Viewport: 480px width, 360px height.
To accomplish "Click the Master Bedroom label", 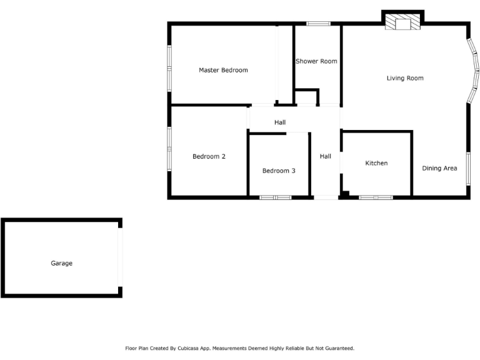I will (x=223, y=70).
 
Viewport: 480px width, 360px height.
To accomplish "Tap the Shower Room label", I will (x=316, y=61).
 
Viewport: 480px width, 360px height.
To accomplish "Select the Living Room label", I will (x=405, y=78).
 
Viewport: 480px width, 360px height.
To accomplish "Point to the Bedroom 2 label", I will (x=209, y=156).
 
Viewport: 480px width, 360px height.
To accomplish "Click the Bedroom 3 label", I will (x=279, y=171).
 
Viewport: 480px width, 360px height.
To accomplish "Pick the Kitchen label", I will (x=376, y=163).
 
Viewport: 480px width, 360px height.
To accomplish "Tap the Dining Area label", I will (x=439, y=168).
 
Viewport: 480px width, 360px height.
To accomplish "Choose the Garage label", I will (x=61, y=263).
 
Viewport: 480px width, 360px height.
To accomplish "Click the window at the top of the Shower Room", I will (x=318, y=24).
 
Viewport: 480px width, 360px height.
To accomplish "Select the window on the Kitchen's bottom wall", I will (x=376, y=197).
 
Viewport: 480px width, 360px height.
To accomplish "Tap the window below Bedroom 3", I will (x=276, y=197).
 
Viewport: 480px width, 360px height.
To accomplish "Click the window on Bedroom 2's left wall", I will (x=169, y=149).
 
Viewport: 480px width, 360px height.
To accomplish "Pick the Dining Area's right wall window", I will (x=468, y=168).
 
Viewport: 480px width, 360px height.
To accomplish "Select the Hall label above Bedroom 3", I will (x=280, y=122).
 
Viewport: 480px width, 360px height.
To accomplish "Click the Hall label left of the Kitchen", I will (x=326, y=156).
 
